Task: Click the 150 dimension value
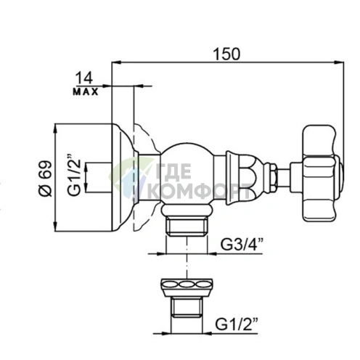(x=226, y=54)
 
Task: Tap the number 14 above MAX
(x=84, y=78)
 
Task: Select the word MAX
(x=86, y=92)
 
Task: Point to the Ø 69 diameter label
(x=46, y=178)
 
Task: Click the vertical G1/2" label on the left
(x=74, y=174)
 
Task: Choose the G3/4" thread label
(x=242, y=245)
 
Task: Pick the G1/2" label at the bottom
(x=236, y=324)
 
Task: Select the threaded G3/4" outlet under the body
(x=187, y=226)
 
